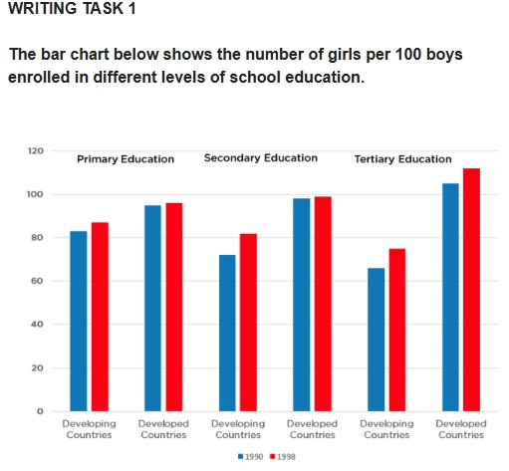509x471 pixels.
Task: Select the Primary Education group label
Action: tap(126, 159)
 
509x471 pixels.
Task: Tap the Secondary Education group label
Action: tap(260, 158)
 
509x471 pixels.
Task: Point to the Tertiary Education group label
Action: tap(402, 159)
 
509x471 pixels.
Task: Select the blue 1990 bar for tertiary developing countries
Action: tap(377, 339)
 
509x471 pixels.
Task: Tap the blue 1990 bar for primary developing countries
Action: tap(79, 321)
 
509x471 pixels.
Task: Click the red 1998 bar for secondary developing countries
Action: tap(249, 322)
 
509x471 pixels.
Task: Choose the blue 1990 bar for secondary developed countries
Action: tap(302, 305)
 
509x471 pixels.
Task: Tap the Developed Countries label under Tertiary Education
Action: tap(461, 429)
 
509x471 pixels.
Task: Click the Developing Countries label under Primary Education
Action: tap(89, 429)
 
